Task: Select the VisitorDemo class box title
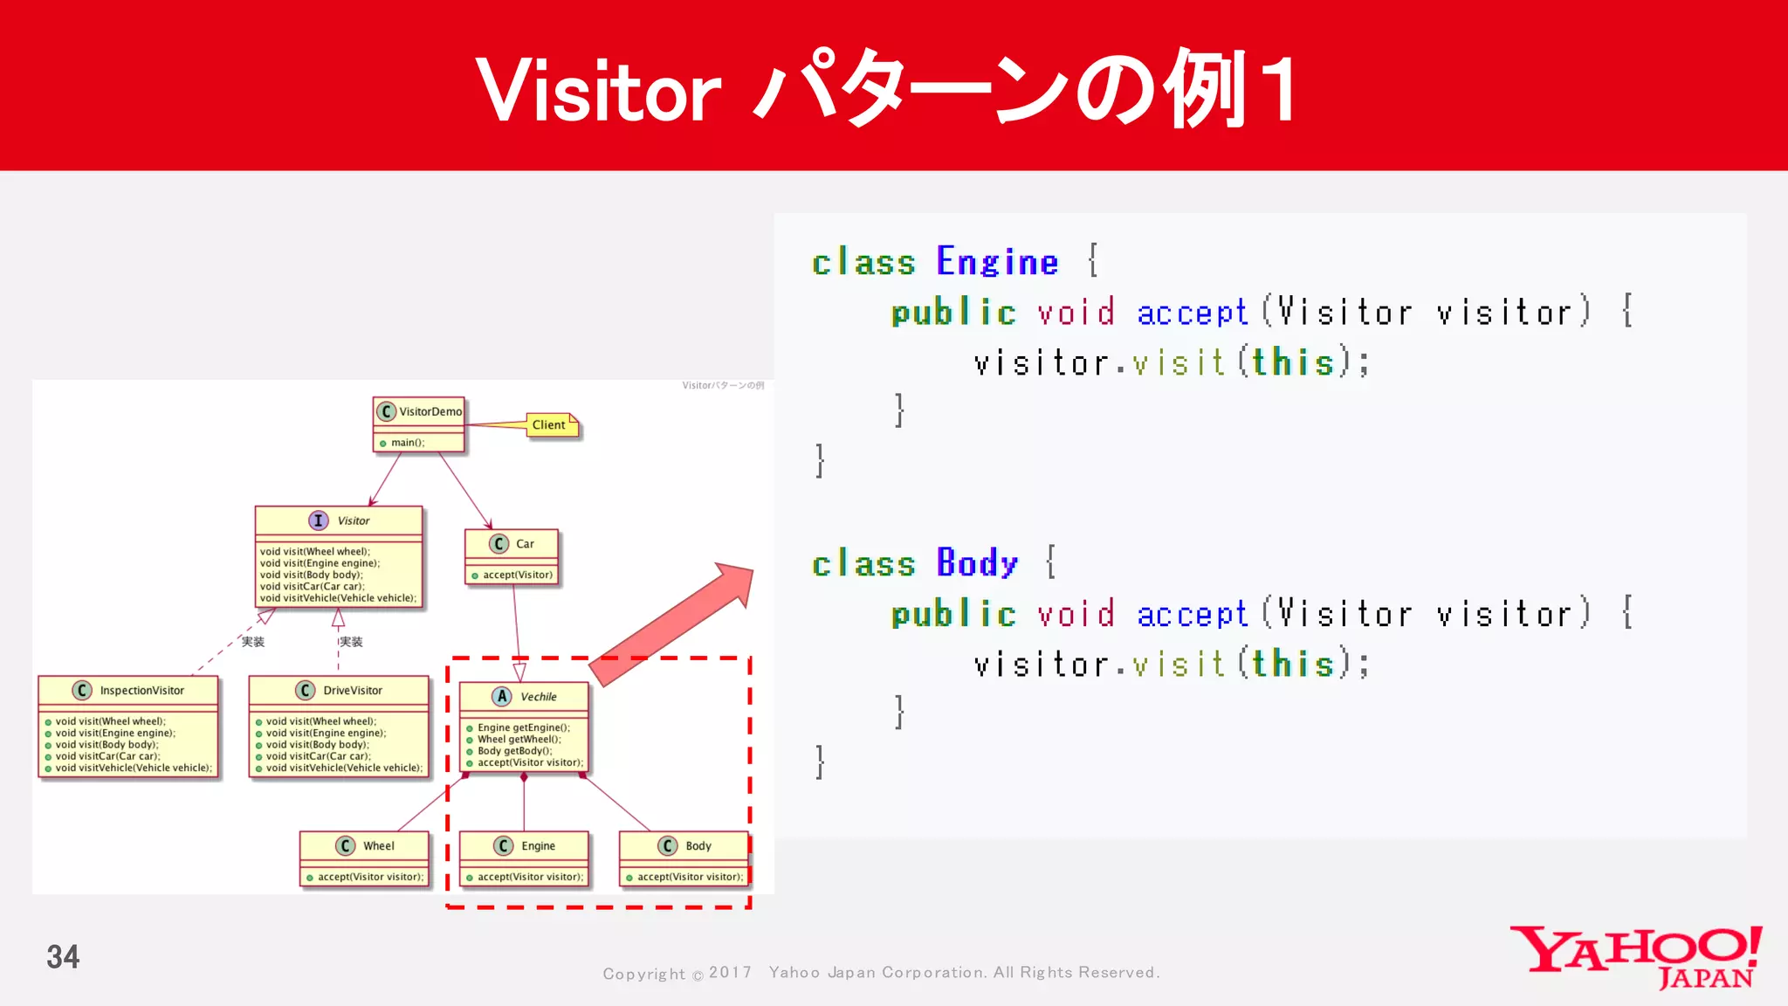coord(430,411)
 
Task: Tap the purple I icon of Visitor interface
coord(318,520)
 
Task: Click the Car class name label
coord(525,544)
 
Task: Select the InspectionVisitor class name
coord(141,691)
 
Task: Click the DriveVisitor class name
coord(353,691)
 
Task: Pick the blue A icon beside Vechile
coord(502,697)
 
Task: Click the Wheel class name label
coord(379,846)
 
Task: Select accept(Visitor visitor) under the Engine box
coord(530,877)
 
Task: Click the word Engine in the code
coord(997,262)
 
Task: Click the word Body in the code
coord(977,563)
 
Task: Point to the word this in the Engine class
coord(1293,362)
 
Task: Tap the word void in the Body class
coord(1076,615)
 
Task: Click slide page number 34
coord(63,957)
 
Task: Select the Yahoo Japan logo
coord(1636,957)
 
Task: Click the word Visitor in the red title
coord(599,91)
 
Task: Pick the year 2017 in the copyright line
coord(730,973)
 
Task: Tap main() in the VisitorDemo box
coord(408,443)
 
